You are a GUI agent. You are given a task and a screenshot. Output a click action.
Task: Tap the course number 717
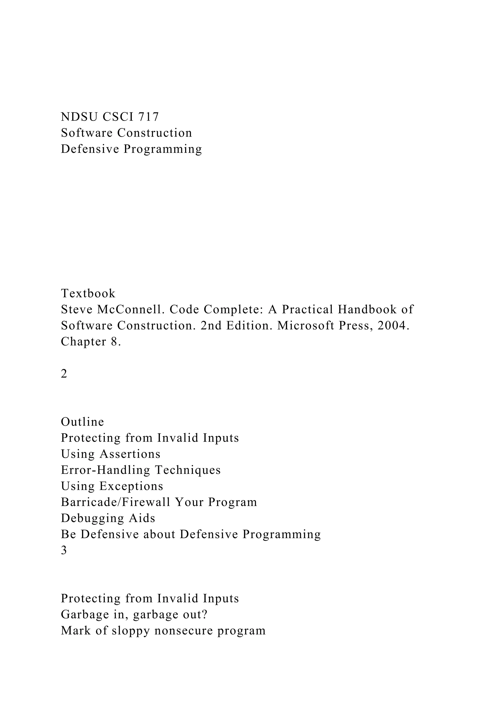coord(148,117)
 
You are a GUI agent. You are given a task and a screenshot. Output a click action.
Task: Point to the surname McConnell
coord(131,309)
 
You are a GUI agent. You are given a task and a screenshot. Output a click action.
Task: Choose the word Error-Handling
coord(105,470)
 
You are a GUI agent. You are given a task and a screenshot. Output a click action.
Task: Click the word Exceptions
coord(131,486)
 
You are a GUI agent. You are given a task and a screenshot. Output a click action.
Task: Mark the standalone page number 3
coord(64,550)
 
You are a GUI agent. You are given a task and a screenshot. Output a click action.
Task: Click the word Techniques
coord(188,470)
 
